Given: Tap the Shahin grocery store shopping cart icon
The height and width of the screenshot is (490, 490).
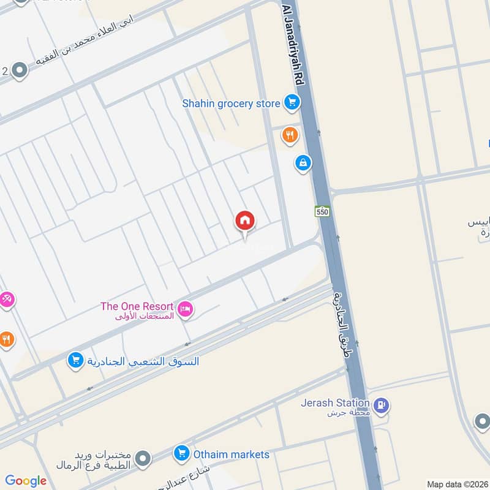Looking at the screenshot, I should [291, 103].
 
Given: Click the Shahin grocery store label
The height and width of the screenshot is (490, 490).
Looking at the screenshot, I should [231, 104].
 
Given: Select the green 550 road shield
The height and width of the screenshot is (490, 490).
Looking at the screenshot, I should [323, 211].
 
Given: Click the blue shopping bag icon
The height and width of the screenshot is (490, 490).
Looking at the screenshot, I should [302, 163].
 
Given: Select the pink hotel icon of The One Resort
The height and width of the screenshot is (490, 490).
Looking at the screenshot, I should [186, 310].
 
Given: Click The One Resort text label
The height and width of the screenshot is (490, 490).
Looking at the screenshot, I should [138, 306].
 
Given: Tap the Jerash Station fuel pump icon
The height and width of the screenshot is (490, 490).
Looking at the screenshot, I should [382, 405].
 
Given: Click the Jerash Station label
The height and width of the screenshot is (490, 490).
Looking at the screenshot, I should [335, 403].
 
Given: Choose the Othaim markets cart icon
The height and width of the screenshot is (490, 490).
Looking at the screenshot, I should [181, 454].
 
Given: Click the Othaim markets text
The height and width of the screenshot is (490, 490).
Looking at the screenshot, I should [232, 454].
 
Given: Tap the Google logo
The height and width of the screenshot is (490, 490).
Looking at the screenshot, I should [26, 481].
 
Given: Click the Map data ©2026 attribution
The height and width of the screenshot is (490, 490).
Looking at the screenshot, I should [457, 484].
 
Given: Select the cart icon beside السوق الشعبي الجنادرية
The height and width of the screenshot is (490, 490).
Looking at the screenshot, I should [75, 361].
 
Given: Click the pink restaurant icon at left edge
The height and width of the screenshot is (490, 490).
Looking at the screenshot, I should [6, 300].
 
